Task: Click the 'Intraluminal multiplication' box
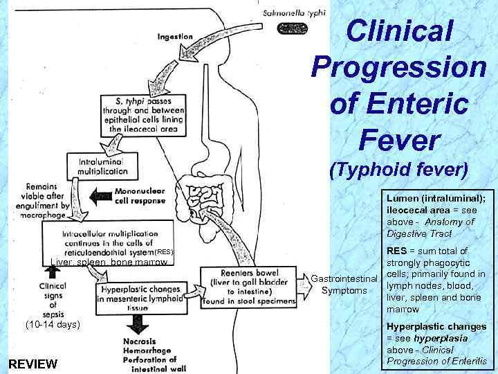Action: point(98,165)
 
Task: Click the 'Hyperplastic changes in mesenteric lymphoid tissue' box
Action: point(141,294)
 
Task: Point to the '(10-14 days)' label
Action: point(53,324)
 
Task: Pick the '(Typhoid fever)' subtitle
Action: point(400,169)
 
